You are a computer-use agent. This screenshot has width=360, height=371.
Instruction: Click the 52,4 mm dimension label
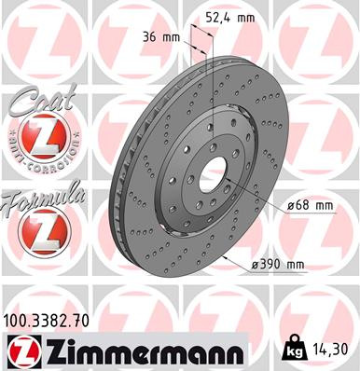pyautogui.click(x=228, y=15)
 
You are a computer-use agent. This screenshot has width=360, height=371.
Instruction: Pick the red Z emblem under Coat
pyautogui.click(x=37, y=143)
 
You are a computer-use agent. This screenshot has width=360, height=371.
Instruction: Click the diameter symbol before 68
pyautogui.click(x=290, y=204)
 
